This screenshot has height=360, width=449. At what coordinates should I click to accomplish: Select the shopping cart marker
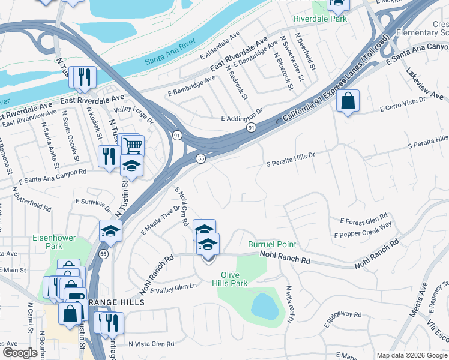point(133,146)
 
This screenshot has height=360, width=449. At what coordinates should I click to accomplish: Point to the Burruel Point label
point(272,244)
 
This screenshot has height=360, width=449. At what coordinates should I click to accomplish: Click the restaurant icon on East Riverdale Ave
point(83,77)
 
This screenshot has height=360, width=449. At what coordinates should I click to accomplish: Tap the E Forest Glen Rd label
point(364,221)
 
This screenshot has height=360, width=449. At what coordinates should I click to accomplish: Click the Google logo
point(20,352)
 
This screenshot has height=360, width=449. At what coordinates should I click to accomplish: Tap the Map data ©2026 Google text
point(411,355)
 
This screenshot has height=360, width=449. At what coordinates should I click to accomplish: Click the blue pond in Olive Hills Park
point(264,307)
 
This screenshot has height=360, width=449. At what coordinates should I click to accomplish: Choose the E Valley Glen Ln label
point(173,289)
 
